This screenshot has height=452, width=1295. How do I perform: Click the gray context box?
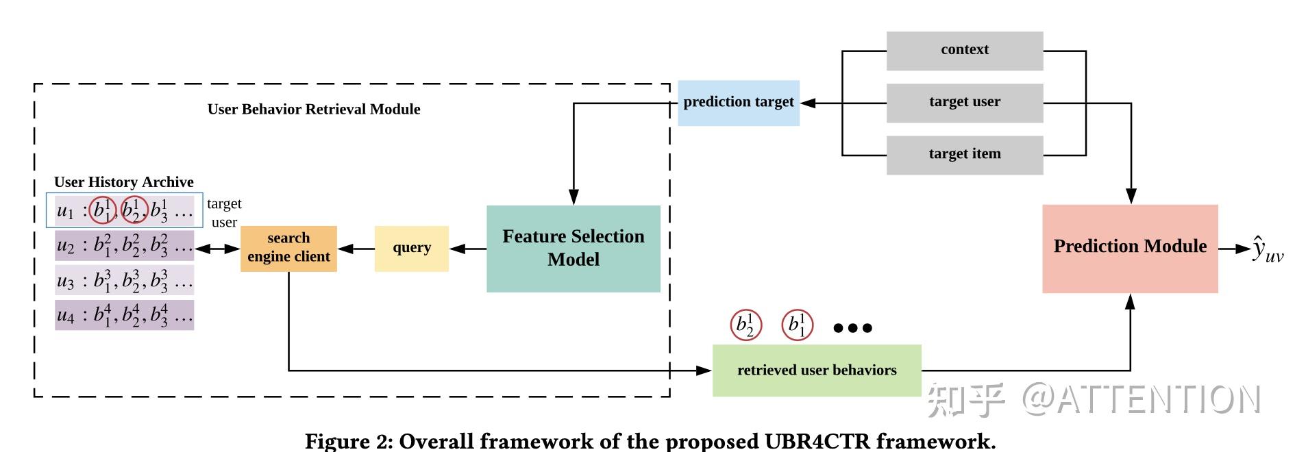coord(964,50)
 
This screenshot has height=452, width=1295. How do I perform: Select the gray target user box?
coord(964,103)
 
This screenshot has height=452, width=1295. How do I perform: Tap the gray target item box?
coord(964,155)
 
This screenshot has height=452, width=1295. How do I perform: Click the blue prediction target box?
coord(738,103)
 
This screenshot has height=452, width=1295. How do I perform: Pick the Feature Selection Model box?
coord(573,249)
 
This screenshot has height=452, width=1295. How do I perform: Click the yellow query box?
coord(411,249)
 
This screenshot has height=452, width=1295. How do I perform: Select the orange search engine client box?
coord(288,249)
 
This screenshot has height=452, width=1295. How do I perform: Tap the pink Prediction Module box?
coord(1129,249)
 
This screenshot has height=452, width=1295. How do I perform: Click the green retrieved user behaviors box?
coord(816,371)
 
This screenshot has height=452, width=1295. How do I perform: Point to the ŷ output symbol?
coord(1268,249)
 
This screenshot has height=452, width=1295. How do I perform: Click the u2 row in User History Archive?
coord(124,245)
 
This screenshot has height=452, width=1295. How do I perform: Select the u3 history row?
coord(124,281)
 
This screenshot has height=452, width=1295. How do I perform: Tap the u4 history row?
coord(124,315)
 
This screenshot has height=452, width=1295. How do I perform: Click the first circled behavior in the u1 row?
coord(103,210)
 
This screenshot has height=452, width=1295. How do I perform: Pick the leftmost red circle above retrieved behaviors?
coord(745,325)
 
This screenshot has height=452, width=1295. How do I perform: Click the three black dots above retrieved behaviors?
coord(852,328)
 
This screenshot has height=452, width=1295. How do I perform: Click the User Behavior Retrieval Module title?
coord(314,110)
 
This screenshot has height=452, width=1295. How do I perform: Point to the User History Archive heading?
coord(123,182)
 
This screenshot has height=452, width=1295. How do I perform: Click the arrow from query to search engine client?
coord(356,249)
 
